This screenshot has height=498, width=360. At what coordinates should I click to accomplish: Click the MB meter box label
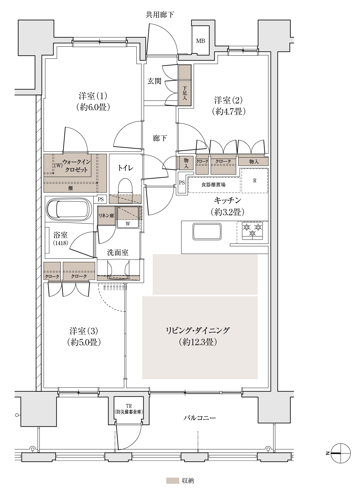[x=200, y=41]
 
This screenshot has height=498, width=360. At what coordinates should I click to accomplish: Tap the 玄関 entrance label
[x=154, y=81]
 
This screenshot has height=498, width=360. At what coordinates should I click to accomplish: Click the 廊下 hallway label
[x=160, y=138]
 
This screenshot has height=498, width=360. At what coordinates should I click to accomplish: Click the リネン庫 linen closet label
[x=106, y=216]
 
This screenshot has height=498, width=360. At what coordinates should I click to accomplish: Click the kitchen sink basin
[x=207, y=231]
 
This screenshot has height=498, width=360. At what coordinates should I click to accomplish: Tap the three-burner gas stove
[x=252, y=231]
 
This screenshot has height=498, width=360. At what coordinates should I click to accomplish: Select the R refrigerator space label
[x=255, y=181]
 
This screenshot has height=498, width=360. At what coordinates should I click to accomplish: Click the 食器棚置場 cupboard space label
[x=213, y=185]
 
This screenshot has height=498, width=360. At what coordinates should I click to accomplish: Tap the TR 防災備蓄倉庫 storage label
[x=129, y=409]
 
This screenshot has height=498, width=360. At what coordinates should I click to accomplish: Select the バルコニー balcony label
[x=200, y=418]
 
